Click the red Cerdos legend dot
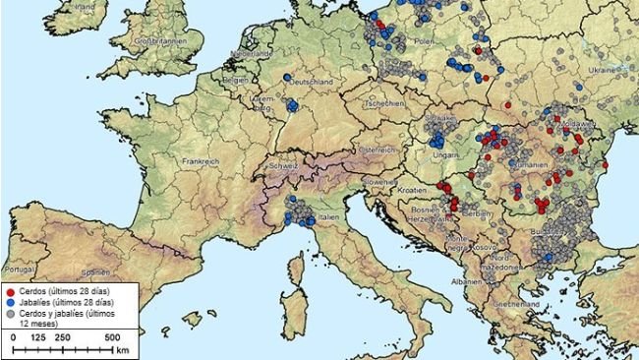[11, 293]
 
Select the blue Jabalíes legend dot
[11, 303]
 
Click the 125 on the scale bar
[37, 336]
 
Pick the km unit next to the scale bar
[121, 349]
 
